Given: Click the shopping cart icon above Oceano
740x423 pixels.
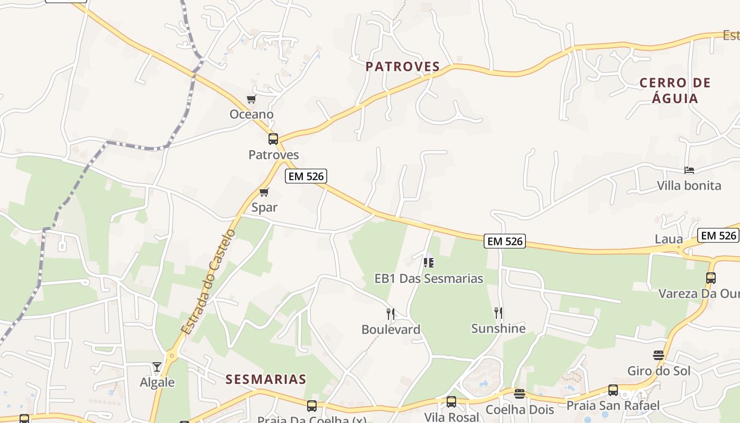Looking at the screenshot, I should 252,99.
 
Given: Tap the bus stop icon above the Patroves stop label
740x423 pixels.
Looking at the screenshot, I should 273,139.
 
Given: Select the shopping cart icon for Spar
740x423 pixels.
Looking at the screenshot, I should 264,192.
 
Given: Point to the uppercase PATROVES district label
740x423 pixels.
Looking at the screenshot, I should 403,67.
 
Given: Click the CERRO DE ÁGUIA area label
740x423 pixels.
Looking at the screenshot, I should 675,90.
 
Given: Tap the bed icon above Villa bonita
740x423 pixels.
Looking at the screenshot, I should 689,170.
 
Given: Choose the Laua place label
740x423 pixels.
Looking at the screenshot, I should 669,239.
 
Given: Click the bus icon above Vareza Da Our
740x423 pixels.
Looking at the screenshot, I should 711,278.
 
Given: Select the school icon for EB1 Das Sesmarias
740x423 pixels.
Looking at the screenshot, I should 429,262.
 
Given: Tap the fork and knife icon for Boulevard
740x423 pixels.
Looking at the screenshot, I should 391,314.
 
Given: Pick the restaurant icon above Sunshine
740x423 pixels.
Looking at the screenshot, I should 498,313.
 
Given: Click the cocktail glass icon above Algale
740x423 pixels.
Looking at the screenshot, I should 157,366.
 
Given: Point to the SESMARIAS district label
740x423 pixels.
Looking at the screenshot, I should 266,379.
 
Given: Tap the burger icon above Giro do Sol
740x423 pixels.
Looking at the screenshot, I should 659,355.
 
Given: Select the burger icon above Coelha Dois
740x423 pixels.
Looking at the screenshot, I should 520,394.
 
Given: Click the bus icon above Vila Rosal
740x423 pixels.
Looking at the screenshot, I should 451,402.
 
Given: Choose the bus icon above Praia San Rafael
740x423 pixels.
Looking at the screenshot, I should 613,390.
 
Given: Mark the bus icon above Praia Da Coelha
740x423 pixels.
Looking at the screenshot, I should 312,406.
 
